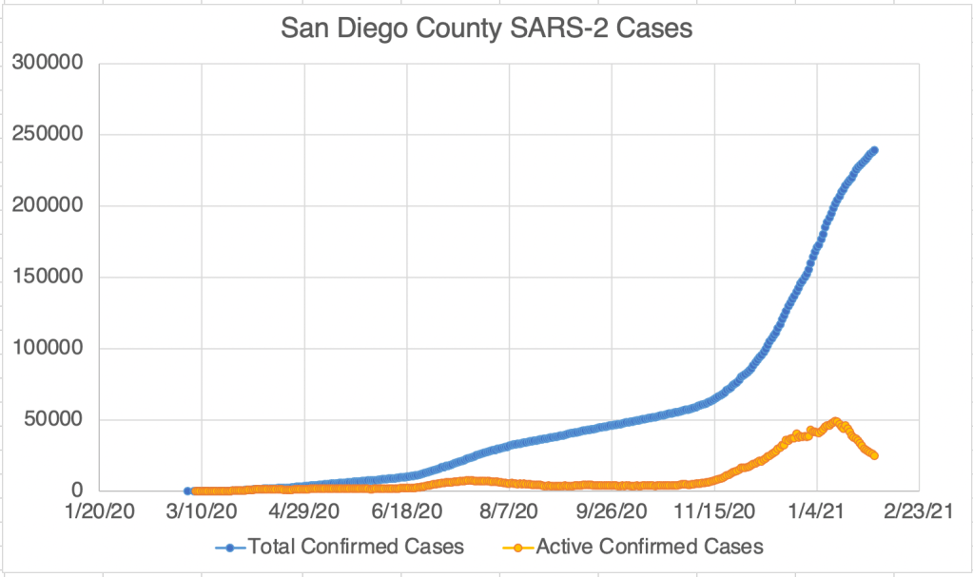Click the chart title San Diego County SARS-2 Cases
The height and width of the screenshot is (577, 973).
tap(486, 29)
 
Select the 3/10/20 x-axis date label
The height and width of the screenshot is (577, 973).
tap(202, 512)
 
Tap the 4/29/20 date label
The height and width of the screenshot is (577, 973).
tap(304, 512)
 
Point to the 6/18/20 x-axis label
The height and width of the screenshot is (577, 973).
tap(407, 512)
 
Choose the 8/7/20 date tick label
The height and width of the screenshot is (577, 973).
tap(510, 512)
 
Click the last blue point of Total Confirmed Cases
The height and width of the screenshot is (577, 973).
tap(874, 150)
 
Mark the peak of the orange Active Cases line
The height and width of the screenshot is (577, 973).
tap(835, 421)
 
